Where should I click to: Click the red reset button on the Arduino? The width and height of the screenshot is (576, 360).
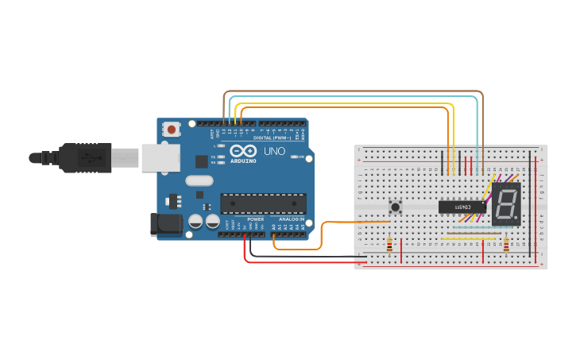(172, 128)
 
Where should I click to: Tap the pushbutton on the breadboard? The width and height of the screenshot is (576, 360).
(395, 207)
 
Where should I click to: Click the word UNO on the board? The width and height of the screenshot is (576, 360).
(274, 151)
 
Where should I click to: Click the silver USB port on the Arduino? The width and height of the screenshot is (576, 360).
(161, 158)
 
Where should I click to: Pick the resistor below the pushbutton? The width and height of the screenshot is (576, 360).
(389, 246)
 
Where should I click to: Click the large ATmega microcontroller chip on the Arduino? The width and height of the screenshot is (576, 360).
(262, 203)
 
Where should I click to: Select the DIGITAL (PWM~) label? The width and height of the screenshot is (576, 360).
(273, 137)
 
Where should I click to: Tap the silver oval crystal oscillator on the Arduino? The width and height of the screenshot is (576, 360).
(200, 180)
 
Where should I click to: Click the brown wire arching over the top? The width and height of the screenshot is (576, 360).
(350, 92)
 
